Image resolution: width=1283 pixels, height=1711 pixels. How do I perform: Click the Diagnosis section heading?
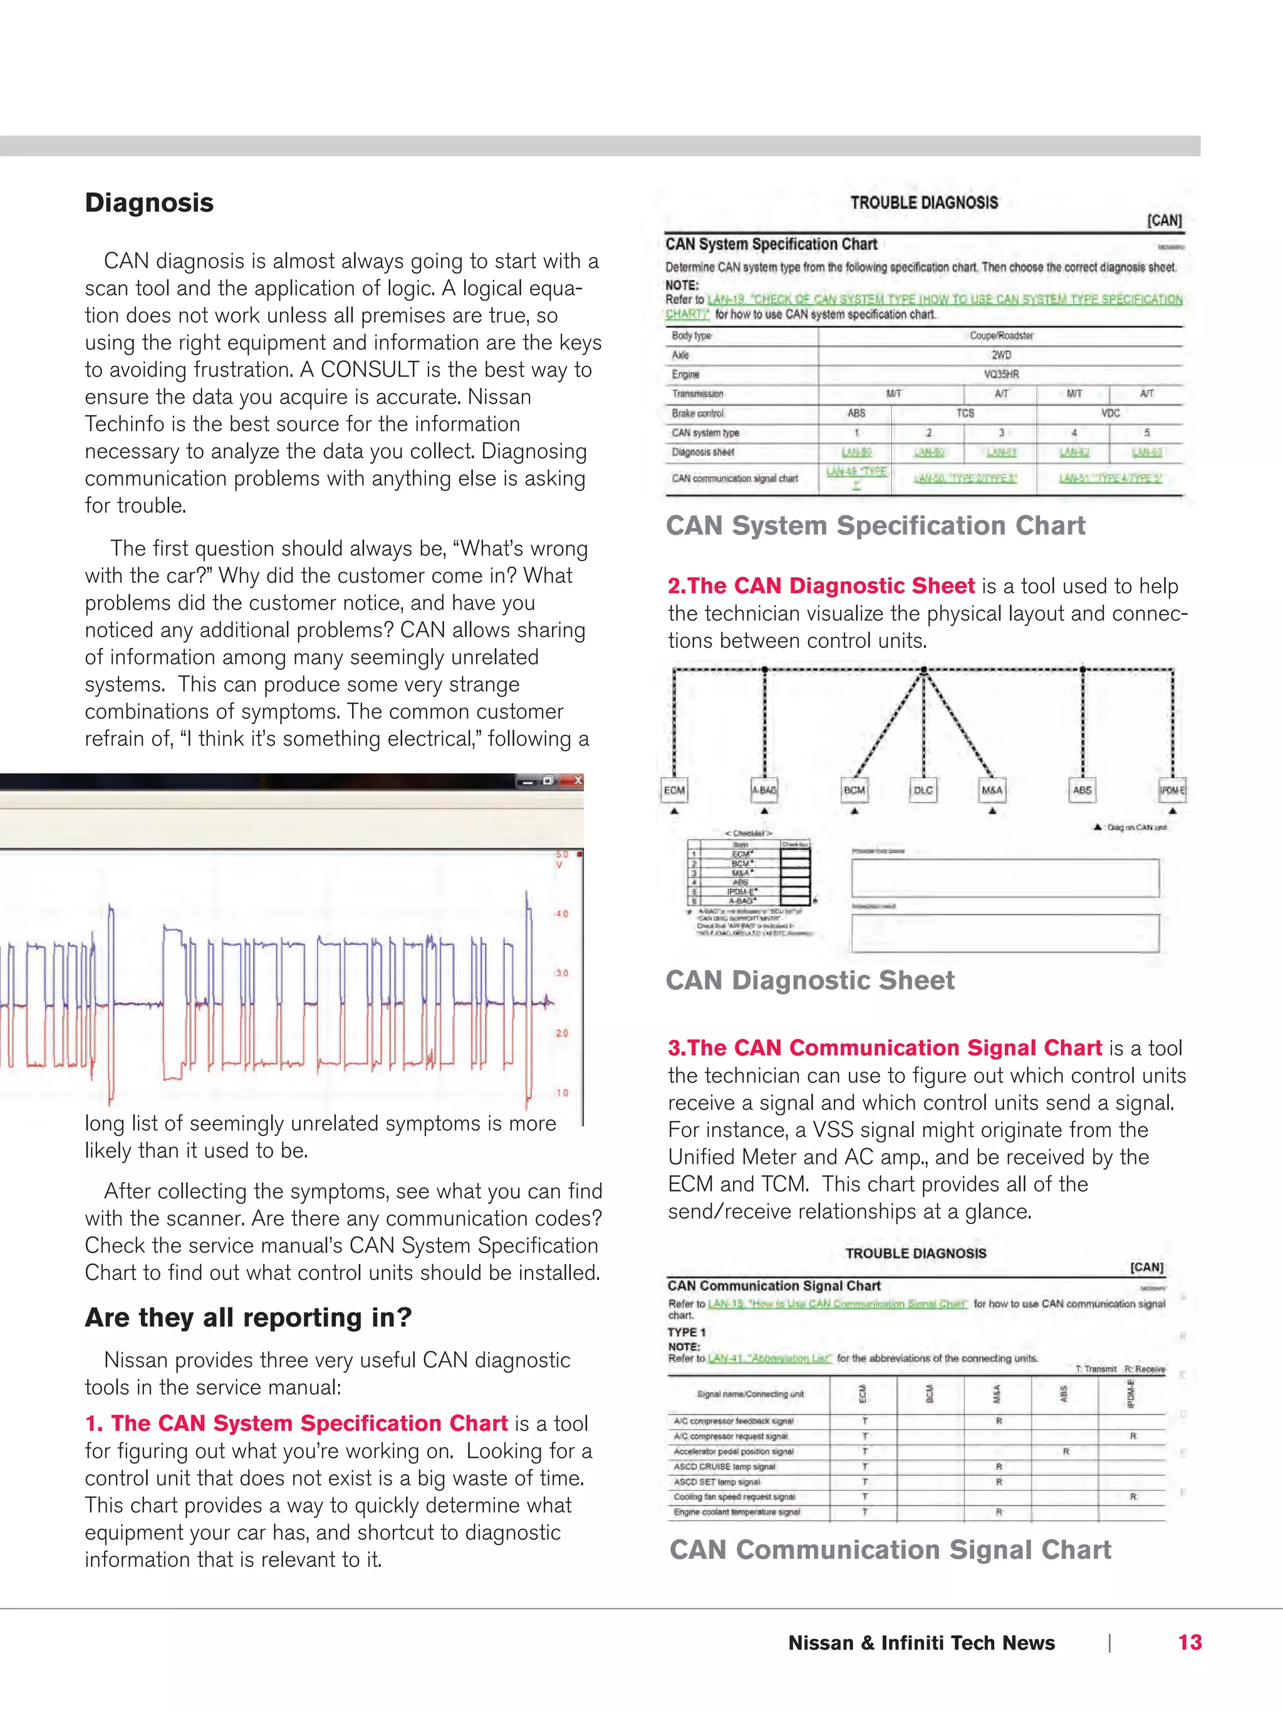click(x=149, y=202)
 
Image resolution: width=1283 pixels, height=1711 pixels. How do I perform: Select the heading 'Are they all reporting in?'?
click(x=247, y=1317)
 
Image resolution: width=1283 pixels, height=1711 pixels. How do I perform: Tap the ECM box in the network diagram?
click(x=673, y=790)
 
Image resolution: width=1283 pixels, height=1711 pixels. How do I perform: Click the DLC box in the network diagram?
click(x=923, y=790)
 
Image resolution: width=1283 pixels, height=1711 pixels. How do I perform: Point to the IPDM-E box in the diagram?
click(x=1171, y=790)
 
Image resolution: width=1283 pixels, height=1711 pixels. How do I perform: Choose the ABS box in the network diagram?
click(x=1082, y=790)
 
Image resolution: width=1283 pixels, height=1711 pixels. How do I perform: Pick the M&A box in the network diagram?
click(x=992, y=790)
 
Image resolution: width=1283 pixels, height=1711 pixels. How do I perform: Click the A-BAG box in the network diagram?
click(x=764, y=790)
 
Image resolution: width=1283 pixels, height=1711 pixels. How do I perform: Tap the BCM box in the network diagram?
click(x=854, y=790)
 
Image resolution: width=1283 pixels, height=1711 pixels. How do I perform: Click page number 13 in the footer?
click(x=1190, y=1643)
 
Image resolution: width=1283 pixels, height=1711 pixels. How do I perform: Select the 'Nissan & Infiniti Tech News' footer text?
click(x=921, y=1643)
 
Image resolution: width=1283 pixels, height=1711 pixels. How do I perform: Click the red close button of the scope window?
click(x=576, y=780)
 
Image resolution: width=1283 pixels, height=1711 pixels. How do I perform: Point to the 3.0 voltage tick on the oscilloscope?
click(x=562, y=973)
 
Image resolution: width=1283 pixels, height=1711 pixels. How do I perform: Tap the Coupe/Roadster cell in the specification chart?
click(x=1000, y=336)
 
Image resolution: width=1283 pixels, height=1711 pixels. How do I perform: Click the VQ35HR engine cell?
click(x=1000, y=374)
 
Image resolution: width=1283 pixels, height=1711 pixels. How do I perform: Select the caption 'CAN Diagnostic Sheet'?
click(x=809, y=980)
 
